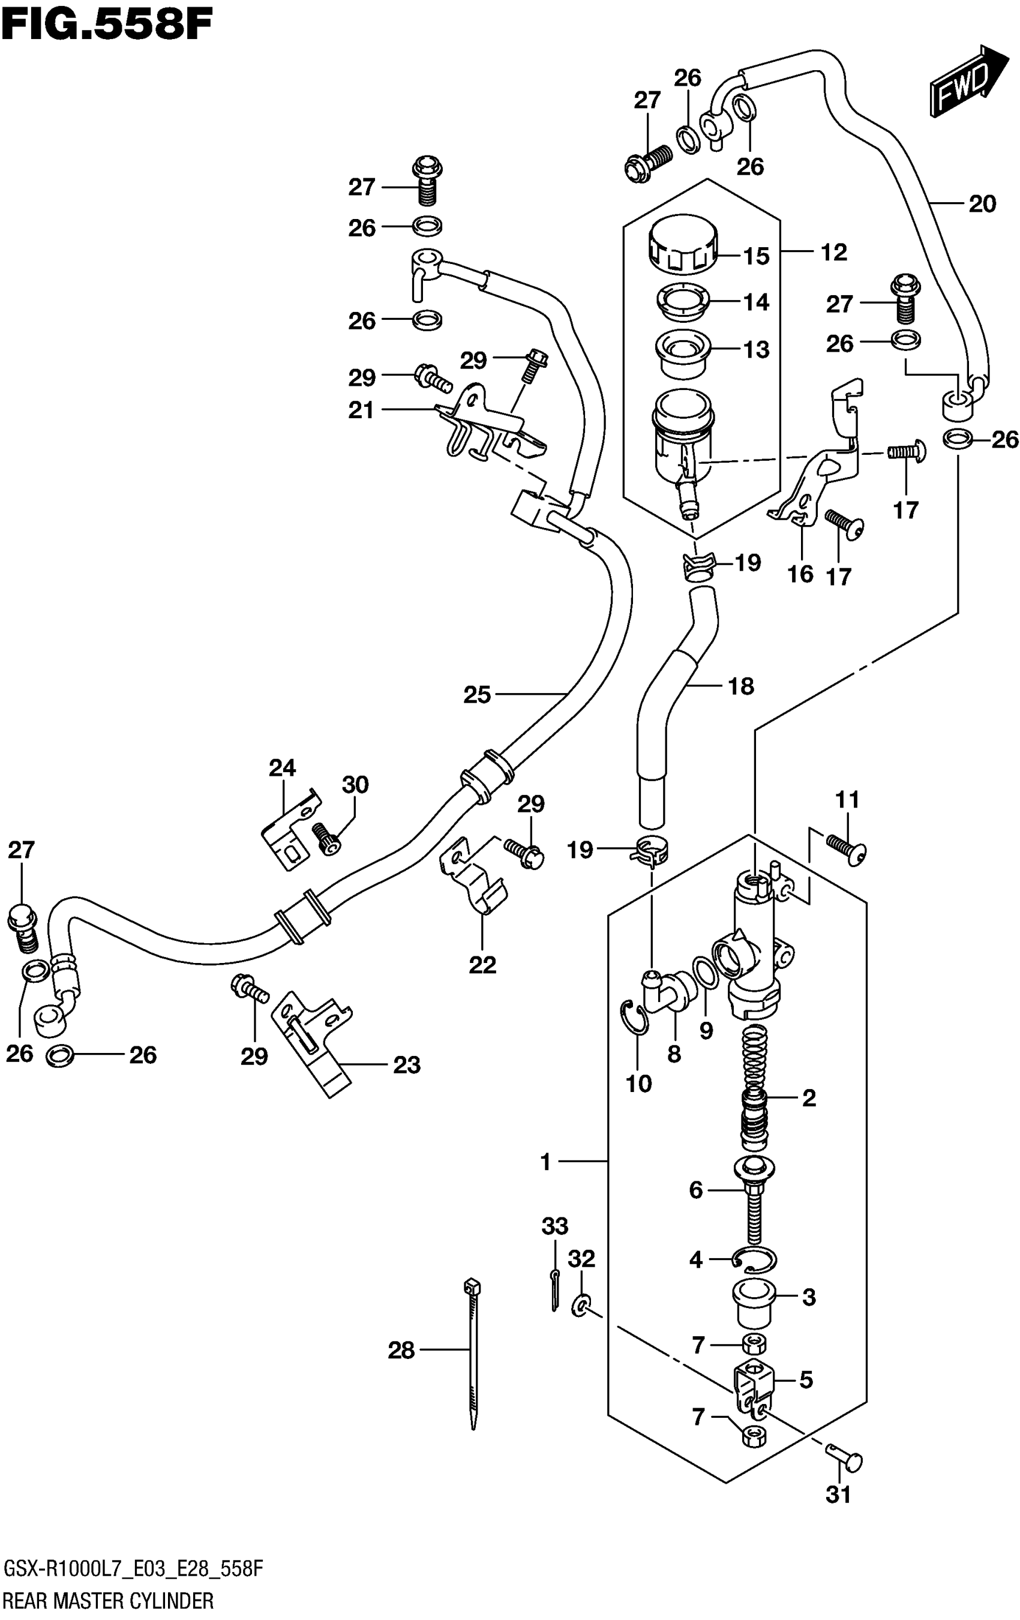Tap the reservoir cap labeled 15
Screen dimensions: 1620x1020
click(683, 245)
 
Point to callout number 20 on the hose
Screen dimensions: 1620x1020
click(982, 204)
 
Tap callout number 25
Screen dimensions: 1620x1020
click(477, 694)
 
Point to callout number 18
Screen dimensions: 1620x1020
click(741, 686)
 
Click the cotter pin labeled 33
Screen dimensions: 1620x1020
click(554, 1291)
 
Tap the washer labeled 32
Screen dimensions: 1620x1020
click(581, 1306)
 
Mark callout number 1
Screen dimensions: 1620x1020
click(545, 1162)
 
